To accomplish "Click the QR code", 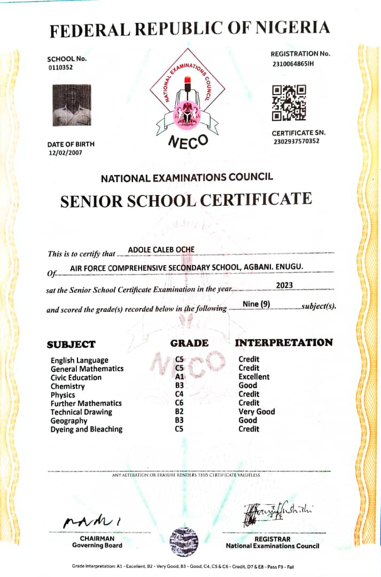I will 289,103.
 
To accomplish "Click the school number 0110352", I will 60,67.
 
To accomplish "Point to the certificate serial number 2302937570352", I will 296,141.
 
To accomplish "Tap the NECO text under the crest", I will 187,141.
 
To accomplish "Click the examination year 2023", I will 284,285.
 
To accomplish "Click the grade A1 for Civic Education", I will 180,377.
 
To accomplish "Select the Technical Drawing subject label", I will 81,412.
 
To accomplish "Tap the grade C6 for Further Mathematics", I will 180,403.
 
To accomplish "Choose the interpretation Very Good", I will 256,411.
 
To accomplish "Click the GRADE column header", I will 189,343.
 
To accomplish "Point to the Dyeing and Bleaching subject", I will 86,429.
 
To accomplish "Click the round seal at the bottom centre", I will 184,542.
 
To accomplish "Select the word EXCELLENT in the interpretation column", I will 254,377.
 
